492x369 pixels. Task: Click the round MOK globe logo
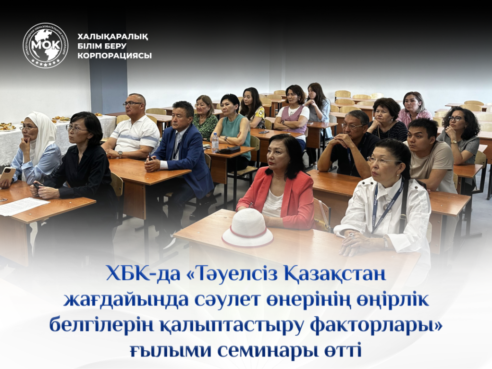[x=46, y=46]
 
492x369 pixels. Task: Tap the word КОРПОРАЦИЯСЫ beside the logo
[x=114, y=56]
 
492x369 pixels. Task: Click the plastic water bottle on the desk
[x=215, y=142]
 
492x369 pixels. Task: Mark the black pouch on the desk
[x=229, y=149]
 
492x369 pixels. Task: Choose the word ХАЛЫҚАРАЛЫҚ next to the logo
[x=113, y=37]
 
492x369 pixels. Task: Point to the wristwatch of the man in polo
[x=120, y=154]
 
